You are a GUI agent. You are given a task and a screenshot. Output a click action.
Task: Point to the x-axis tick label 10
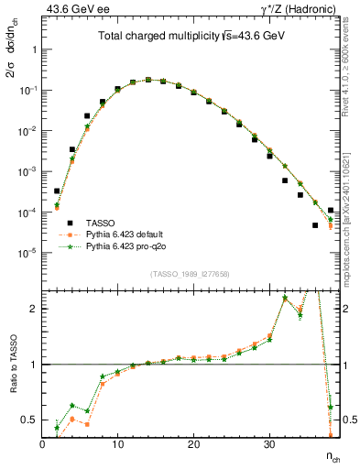(117, 444)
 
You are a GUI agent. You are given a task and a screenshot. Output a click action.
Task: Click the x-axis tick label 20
(193, 444)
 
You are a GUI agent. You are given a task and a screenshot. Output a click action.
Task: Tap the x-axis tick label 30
(268, 444)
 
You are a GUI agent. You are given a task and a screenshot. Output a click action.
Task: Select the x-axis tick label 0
(42, 444)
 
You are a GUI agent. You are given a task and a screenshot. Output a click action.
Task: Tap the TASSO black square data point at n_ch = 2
(57, 191)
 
